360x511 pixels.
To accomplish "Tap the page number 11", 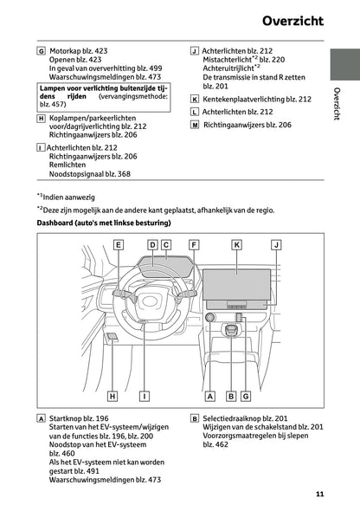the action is click(319, 495).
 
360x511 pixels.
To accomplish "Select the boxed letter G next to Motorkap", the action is click(42, 50).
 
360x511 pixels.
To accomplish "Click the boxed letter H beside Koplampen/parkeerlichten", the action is click(42, 118).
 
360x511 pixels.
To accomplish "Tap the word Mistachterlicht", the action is click(229, 62).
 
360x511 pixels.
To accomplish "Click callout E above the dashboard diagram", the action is click(118, 245).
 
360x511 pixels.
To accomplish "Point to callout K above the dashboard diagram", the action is click(235, 245).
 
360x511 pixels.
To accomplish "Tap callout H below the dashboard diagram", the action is click(112, 396).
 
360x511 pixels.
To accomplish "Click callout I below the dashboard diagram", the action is click(144, 396).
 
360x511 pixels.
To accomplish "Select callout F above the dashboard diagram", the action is click(194, 245).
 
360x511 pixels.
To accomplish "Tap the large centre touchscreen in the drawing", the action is click(235, 281).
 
